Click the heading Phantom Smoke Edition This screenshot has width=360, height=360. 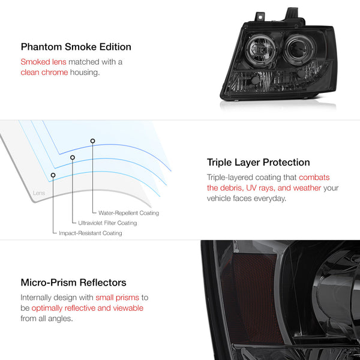(76, 47)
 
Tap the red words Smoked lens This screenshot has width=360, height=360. (43, 62)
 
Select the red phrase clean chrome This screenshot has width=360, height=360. (44, 73)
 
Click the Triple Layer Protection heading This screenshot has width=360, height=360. (258, 163)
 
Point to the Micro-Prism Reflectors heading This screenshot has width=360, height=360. (73, 283)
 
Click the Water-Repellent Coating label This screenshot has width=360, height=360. (128, 213)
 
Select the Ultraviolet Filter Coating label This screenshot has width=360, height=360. (107, 223)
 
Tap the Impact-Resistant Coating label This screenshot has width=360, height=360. (91, 233)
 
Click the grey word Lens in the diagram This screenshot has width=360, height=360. (39, 193)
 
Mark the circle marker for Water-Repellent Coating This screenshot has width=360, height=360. (92, 141)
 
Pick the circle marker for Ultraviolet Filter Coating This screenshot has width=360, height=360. (73, 157)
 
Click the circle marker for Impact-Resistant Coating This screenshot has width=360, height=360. (53, 175)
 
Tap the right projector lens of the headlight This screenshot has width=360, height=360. (298, 49)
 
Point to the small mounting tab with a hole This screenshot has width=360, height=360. (260, 17)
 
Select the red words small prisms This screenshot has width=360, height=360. (118, 298)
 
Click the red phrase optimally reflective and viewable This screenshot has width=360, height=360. (88, 308)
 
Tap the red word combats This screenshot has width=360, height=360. (314, 177)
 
